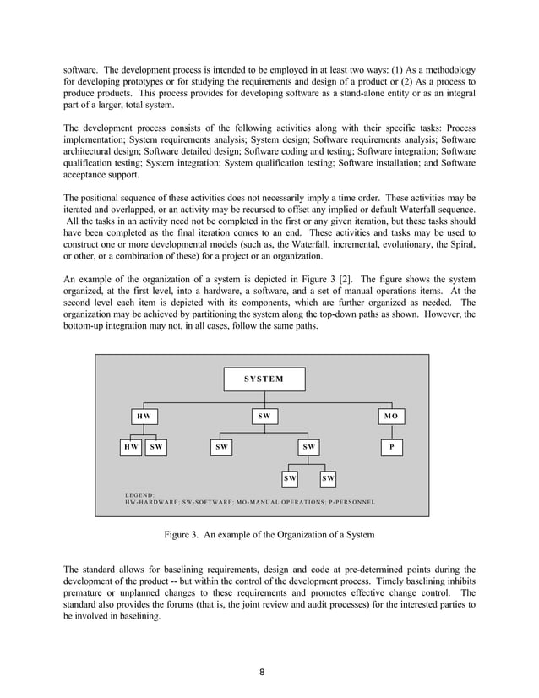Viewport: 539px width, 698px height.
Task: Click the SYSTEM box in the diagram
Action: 264,379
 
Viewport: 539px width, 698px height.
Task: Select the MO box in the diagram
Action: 389,417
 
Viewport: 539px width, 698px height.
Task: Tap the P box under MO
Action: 389,446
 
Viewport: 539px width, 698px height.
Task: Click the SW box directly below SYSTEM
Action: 264,417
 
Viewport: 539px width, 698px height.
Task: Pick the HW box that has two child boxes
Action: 144,417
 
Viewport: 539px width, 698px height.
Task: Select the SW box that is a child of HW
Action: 157,446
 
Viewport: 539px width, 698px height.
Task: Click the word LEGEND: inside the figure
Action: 139,494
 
